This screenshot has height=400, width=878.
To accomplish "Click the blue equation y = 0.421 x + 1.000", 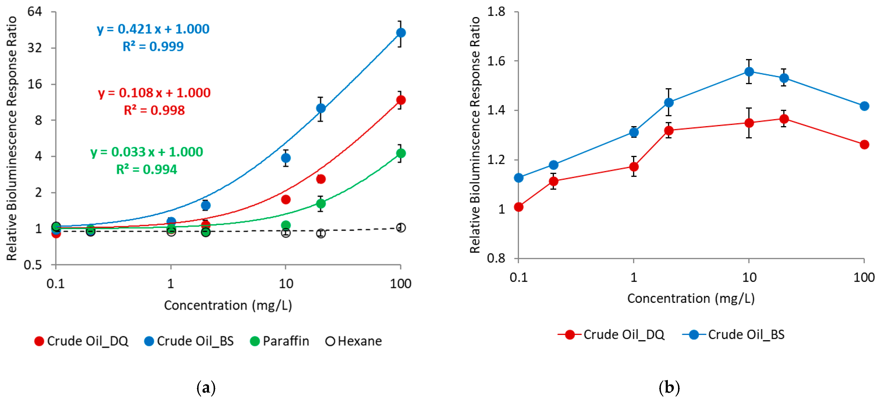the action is click(x=153, y=29).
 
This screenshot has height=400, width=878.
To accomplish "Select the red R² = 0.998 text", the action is click(x=154, y=110).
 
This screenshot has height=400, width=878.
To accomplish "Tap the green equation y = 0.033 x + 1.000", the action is click(x=147, y=152).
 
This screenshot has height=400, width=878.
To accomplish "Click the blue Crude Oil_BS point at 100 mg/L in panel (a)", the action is click(x=401, y=33).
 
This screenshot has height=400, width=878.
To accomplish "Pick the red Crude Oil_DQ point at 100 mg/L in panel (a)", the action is click(x=401, y=100).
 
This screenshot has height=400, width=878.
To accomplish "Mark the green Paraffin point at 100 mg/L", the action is click(x=401, y=153).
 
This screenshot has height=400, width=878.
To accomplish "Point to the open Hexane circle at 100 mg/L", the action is click(x=401, y=228).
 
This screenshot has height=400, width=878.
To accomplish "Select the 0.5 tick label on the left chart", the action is click(x=33, y=265).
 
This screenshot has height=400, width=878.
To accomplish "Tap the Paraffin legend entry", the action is click(x=280, y=341).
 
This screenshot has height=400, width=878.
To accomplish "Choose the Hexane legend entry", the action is click(x=354, y=341).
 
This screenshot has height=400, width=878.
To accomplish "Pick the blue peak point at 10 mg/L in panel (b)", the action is click(x=749, y=72).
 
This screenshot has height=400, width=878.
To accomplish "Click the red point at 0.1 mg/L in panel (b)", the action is click(x=518, y=207).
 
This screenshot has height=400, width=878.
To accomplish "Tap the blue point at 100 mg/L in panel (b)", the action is click(x=864, y=106).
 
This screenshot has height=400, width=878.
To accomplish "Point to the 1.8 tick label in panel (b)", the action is click(x=496, y=12).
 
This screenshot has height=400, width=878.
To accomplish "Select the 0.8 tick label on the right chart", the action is click(x=496, y=258).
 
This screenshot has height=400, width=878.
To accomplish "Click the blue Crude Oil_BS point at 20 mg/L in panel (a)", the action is click(x=320, y=108).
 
